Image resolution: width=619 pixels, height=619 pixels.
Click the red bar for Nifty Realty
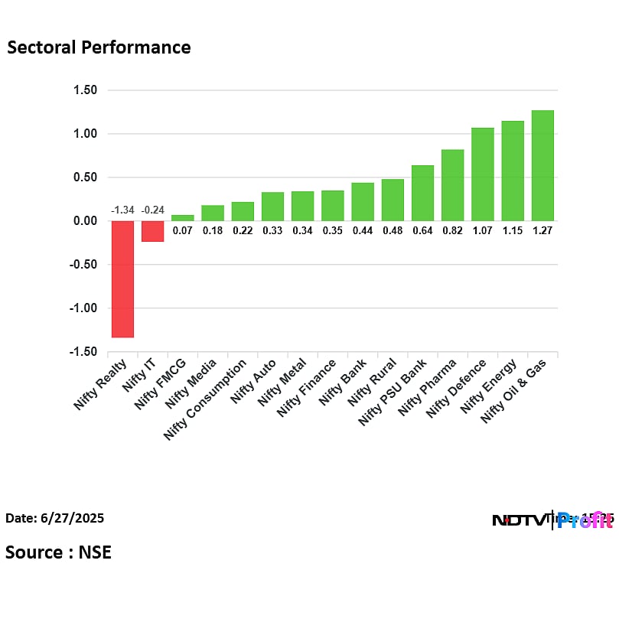tap(122, 279)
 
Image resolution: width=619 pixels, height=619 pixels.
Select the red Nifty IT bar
tap(152, 231)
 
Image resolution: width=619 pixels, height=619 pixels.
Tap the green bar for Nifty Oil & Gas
tap(542, 165)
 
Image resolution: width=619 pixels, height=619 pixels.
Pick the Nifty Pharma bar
tap(452, 185)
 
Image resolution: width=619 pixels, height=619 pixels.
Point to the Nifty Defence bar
tap(482, 174)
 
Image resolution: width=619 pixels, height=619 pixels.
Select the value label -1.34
tap(122, 210)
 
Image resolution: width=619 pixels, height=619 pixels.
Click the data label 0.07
tap(182, 230)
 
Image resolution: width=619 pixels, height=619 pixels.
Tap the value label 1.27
tap(542, 230)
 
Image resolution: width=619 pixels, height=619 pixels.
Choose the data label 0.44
tap(363, 230)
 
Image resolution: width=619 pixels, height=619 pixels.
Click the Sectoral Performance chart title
tap(99, 47)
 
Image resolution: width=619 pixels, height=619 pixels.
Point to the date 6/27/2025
tap(55, 518)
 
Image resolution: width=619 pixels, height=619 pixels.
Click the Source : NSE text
tap(58, 552)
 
